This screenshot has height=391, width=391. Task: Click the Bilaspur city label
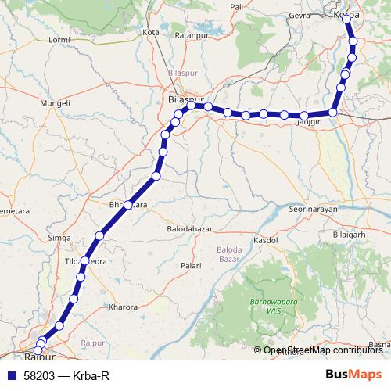coord(186,99)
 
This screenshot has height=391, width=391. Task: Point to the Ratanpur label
coord(190,35)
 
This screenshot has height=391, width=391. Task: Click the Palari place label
coord(192,266)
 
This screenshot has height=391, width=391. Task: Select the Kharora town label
coord(125,307)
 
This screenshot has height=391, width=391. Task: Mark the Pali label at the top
coord(238,6)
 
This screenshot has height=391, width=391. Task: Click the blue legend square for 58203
coord(11,375)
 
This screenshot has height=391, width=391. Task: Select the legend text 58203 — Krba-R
coord(66,375)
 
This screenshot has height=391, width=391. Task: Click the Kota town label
coord(152,32)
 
